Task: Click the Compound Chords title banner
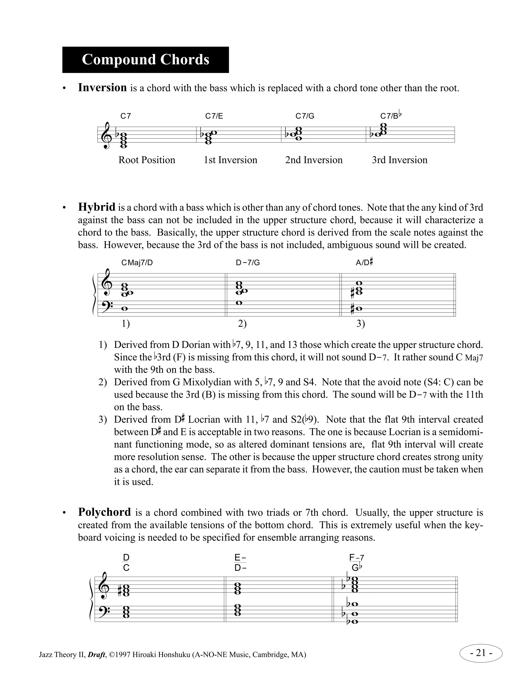coord(145,60)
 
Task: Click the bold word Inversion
coord(102,88)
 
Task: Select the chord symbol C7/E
coord(214,116)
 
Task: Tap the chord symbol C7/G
coord(305,116)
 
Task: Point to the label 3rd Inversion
coord(399,160)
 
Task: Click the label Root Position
coord(147,160)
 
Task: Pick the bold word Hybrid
coord(97,207)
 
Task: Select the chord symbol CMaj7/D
coord(137,263)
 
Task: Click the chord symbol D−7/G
coord(248,263)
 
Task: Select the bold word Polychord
coord(104,512)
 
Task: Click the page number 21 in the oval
coord(481,653)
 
